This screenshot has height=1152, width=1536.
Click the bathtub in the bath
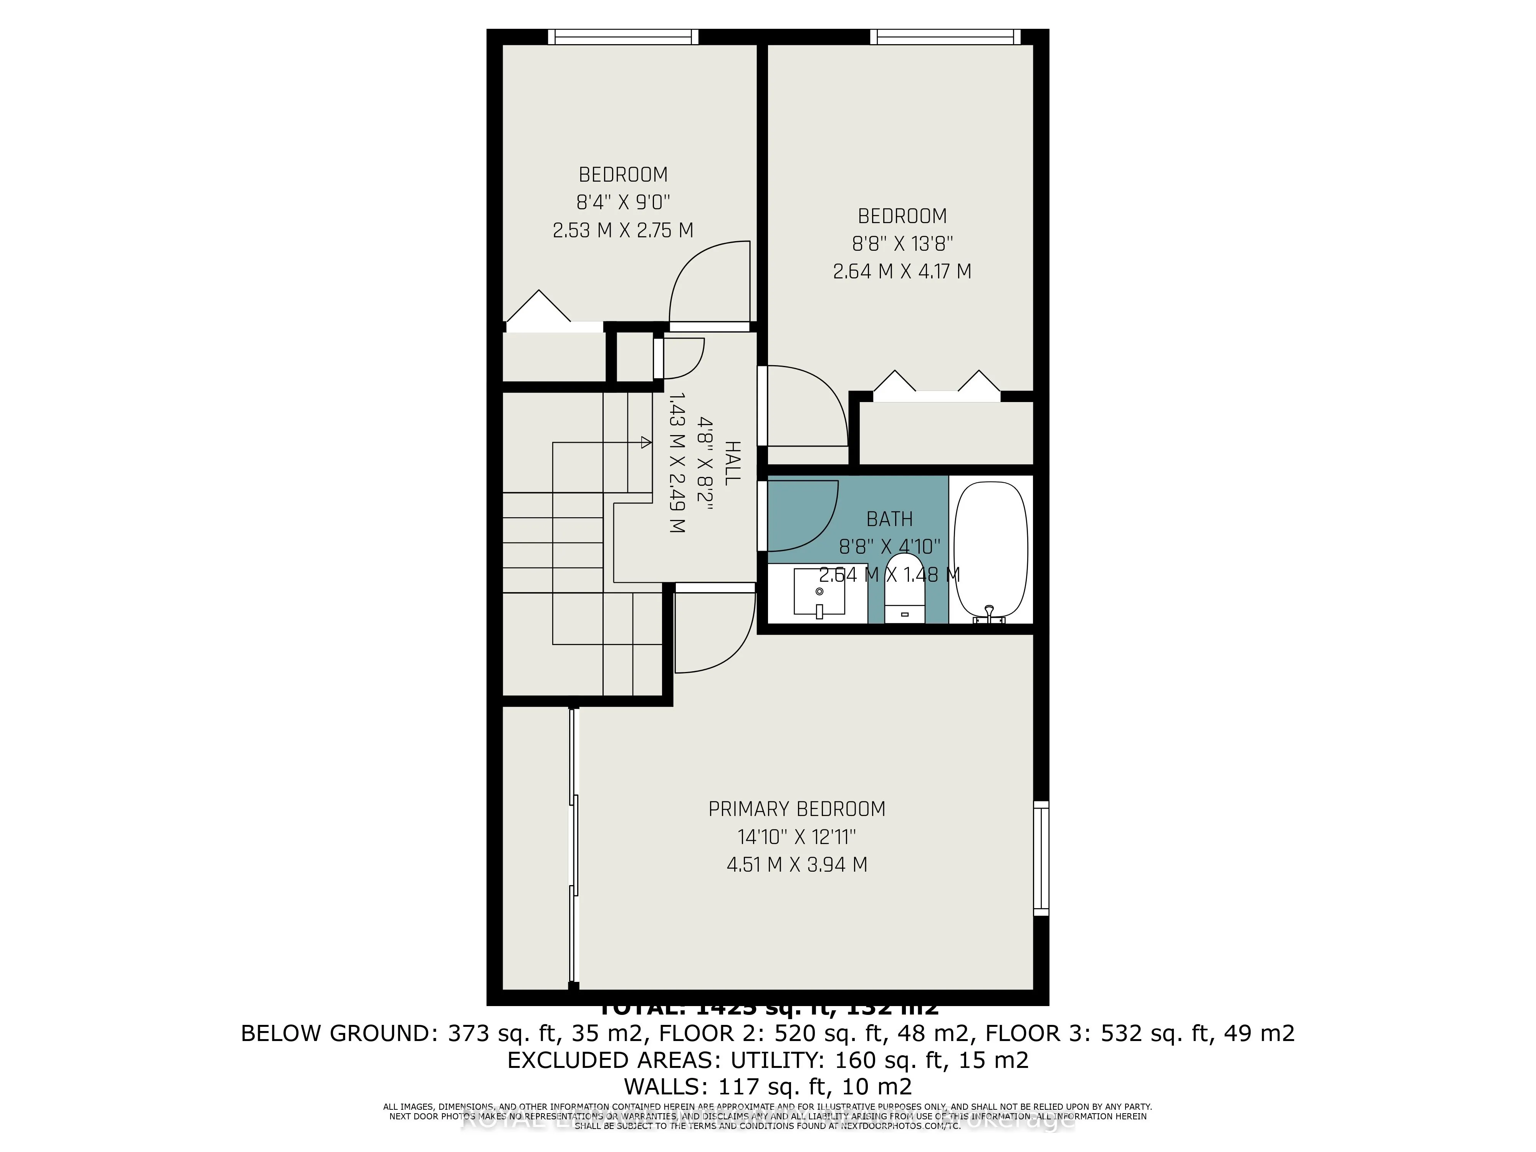point(990,549)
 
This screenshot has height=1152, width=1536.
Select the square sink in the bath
point(819,592)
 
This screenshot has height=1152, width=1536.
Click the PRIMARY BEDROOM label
point(796,809)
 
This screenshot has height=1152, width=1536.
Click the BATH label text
point(889,519)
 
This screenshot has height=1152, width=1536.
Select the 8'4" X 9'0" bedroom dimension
point(623,202)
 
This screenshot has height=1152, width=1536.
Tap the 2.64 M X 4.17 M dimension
point(902,271)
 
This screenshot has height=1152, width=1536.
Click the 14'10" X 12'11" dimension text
point(796,837)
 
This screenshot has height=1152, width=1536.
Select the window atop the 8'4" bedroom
point(623,37)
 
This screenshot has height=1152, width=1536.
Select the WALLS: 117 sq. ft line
point(767,1086)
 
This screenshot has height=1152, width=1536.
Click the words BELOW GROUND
point(335,1033)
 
